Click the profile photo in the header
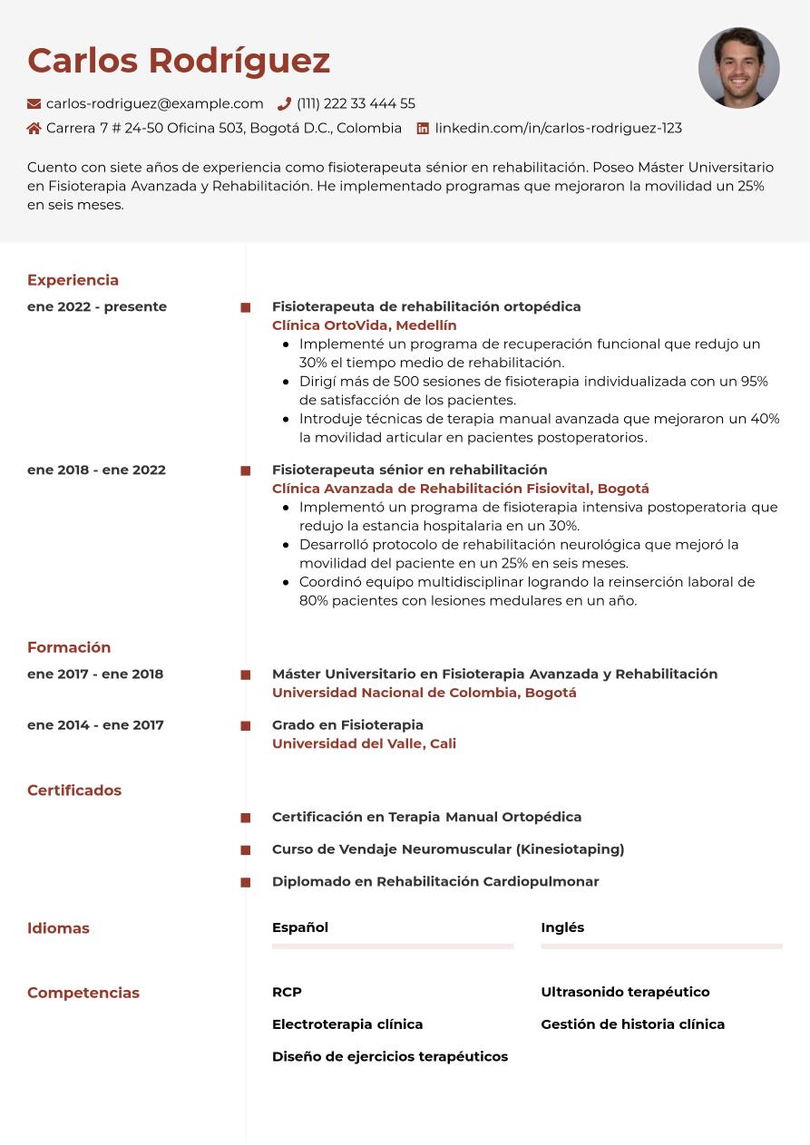tap(738, 68)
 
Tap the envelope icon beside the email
tap(34, 104)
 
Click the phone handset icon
tap(284, 104)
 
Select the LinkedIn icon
tap(423, 129)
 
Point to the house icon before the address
tap(34, 129)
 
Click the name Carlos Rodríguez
tap(179, 61)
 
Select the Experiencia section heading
tap(73, 280)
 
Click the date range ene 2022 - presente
tap(97, 306)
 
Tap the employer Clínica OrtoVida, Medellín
tap(364, 325)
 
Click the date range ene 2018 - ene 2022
tap(96, 470)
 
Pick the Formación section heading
tap(69, 647)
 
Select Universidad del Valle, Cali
tap(364, 743)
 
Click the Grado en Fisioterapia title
tap(347, 724)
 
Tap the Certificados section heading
tap(74, 791)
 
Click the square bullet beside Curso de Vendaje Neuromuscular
tap(245, 850)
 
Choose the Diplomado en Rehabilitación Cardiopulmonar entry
tap(435, 881)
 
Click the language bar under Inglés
tap(661, 946)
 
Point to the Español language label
tap(300, 927)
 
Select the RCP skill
tap(287, 992)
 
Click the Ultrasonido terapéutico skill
tap(625, 992)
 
